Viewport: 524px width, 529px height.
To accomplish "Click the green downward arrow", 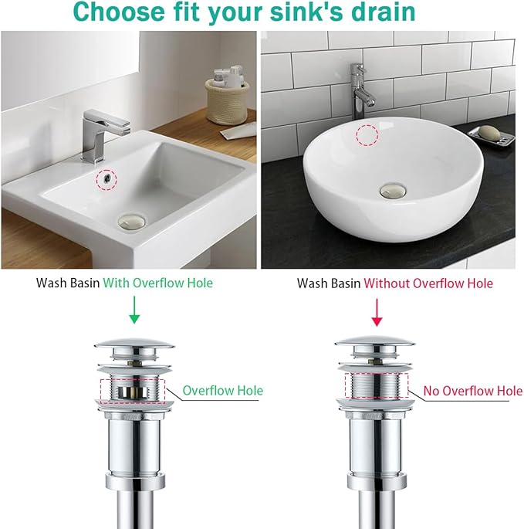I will coord(134,311).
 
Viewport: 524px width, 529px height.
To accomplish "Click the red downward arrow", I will coord(377,311).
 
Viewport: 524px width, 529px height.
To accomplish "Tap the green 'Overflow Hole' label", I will coord(222,391).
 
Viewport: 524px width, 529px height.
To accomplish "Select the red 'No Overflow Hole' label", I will coord(473,391).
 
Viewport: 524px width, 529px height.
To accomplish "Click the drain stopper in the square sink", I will coord(130,222).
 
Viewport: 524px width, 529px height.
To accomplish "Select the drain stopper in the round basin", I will coord(392,189).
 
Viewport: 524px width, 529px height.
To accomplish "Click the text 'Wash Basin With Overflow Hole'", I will coord(124,283).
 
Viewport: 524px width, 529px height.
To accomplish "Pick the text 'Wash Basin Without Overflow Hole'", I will coord(394,283).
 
